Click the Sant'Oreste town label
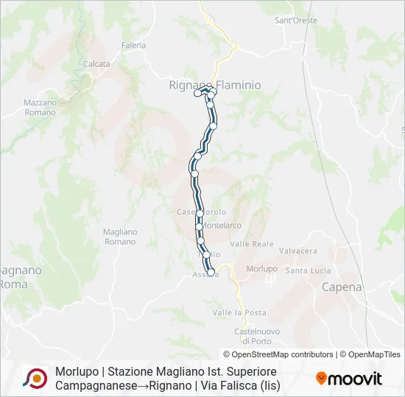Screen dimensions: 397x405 tap(295, 21)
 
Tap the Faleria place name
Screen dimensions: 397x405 tap(134, 45)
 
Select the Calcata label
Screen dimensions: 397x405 tap(96, 64)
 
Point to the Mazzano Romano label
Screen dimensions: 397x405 tap(40, 107)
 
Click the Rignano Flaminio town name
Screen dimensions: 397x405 tap(215, 85)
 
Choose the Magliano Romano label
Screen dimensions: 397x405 tap(120, 236)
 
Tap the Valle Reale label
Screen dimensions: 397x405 tap(252, 243)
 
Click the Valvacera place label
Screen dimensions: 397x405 tap(298, 251)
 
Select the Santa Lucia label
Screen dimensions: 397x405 tap(308, 271)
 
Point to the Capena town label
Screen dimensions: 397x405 tap(342, 287)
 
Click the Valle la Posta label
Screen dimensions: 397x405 tap(239, 312)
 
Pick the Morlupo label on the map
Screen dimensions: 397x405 tap(261, 268)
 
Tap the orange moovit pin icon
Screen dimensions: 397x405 tap(321, 378)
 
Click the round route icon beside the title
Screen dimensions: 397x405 tap(35, 378)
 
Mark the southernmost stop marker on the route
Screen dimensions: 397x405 tap(211, 273)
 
